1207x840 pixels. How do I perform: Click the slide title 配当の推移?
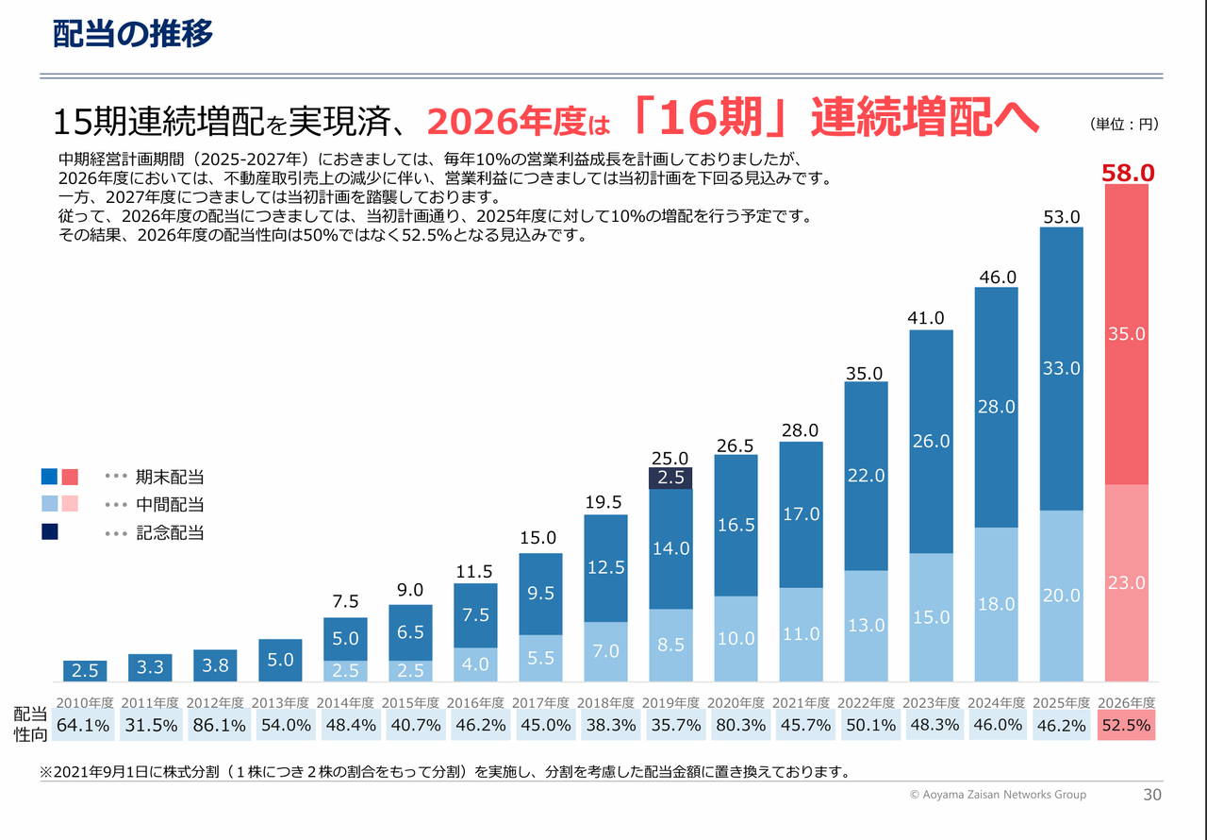pos(133,33)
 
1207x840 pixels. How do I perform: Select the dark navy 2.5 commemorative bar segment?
pos(670,478)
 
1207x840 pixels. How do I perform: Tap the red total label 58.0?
pos(1128,172)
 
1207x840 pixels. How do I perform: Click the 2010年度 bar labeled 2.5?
pos(85,671)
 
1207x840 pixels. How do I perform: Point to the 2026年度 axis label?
pos(1128,703)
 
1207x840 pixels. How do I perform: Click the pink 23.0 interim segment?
pos(1127,582)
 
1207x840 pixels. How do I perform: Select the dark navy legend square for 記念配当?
pos(50,532)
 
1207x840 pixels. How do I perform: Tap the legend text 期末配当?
pos(170,477)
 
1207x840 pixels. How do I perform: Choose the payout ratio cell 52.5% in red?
pos(1128,725)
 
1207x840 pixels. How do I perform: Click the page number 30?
pos(1151,795)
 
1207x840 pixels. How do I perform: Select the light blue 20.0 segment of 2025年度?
pos(1062,596)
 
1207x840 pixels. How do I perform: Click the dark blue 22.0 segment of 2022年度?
pos(866,476)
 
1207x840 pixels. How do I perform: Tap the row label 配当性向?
pos(30,724)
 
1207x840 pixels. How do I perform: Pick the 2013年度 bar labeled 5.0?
pos(280,660)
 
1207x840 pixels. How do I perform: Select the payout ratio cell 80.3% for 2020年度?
pos(736,725)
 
